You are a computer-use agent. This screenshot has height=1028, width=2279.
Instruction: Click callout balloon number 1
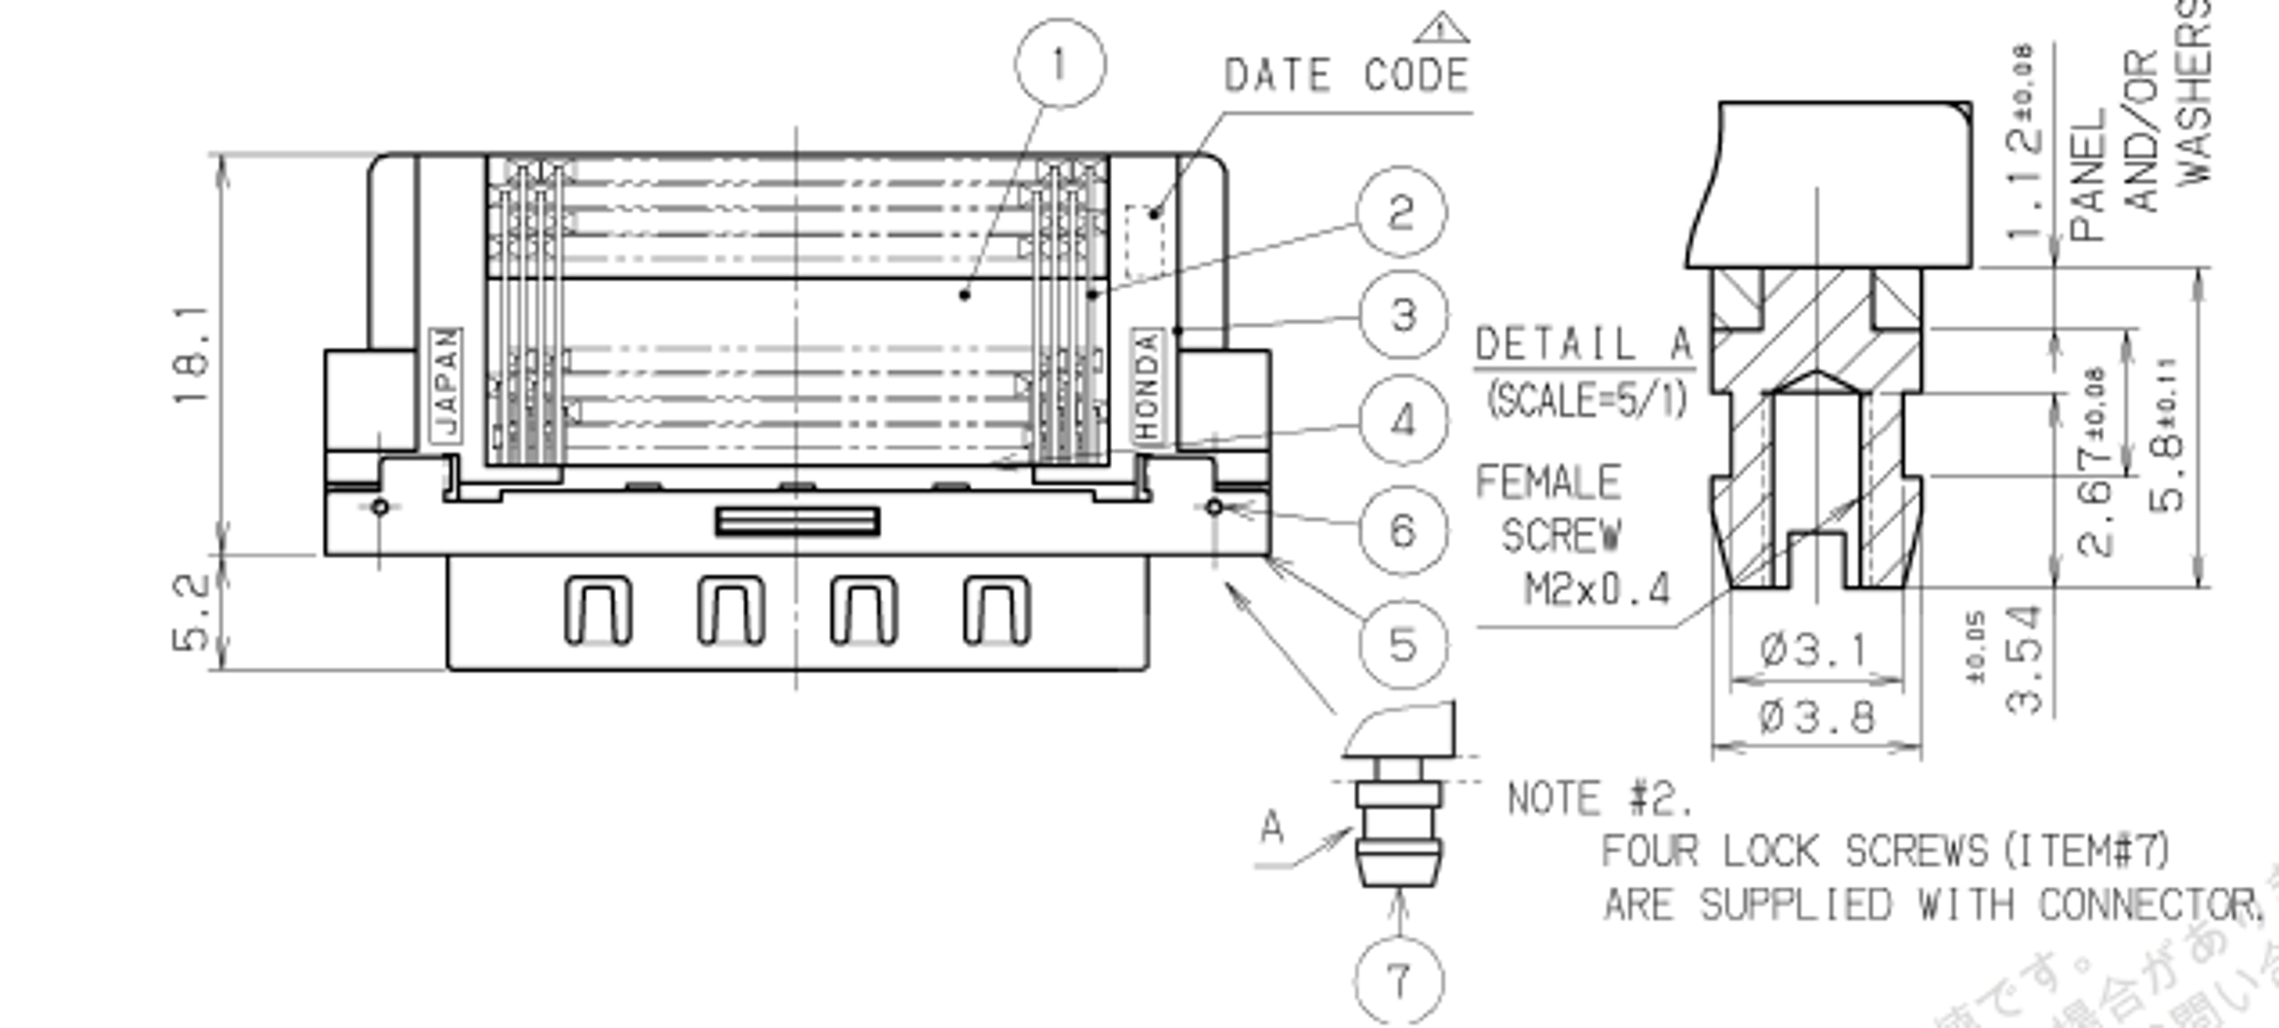point(1059,63)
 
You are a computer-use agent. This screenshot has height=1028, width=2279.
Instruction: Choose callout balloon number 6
point(1403,530)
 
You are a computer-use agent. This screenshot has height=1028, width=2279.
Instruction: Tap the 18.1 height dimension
point(193,354)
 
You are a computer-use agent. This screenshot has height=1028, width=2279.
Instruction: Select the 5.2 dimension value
point(192,612)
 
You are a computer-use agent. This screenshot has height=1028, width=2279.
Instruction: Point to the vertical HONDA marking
point(1146,385)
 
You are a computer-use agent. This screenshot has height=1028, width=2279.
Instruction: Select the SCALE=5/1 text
point(1587,400)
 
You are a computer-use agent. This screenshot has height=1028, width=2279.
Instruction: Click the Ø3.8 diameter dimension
point(1816,716)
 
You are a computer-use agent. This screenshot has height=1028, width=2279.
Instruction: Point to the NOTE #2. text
point(1599,799)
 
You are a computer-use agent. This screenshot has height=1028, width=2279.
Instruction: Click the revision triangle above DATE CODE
point(1441,29)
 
